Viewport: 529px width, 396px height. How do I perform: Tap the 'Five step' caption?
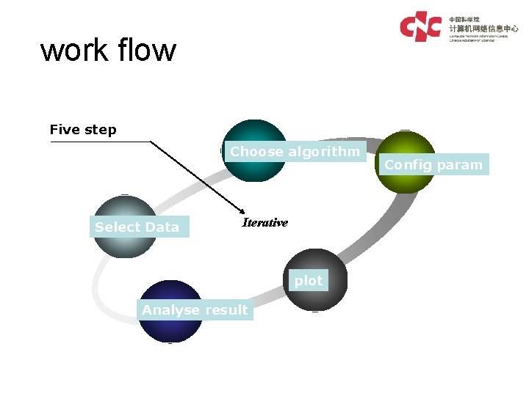click(83, 130)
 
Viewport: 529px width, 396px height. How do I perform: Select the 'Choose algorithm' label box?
click(295, 152)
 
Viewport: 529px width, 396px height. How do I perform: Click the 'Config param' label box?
click(433, 165)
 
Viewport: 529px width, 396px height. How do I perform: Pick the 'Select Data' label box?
click(137, 227)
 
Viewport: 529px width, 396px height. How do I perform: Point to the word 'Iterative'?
click(265, 223)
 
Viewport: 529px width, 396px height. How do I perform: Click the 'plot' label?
click(309, 281)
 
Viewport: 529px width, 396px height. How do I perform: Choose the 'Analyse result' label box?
click(195, 310)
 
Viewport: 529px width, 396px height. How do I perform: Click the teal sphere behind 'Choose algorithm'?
click(255, 170)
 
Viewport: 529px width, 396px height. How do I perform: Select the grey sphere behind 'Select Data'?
click(125, 209)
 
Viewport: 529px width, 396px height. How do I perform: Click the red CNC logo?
click(420, 27)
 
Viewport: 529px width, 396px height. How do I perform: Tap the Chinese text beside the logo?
click(483, 27)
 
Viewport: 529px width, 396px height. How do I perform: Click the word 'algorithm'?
click(324, 152)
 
